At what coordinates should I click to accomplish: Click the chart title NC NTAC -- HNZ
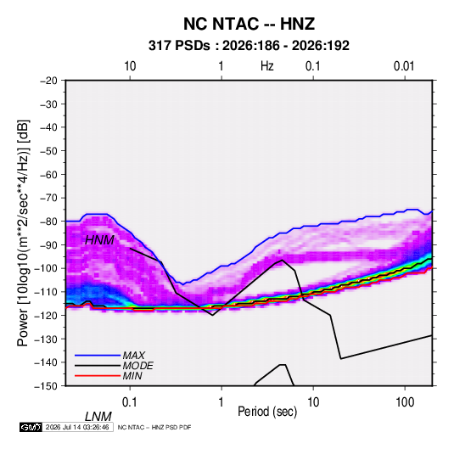249,24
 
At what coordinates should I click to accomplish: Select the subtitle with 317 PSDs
249,46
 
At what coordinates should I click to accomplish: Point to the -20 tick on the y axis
48,81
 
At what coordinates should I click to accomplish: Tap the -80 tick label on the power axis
48,222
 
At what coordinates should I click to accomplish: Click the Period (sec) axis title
267,412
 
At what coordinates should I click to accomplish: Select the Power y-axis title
23,233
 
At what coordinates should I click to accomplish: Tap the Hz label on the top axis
267,66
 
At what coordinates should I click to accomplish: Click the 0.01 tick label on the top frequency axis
404,66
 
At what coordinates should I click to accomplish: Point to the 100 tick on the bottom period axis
405,402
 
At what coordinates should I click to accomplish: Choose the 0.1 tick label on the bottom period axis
130,402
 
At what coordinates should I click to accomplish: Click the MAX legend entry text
133,356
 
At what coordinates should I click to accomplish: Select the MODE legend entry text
137,366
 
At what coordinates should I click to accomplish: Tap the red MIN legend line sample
98,376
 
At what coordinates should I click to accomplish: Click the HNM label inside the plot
99,240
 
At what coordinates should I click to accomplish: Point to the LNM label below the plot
98,417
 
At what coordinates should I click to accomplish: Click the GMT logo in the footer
31,427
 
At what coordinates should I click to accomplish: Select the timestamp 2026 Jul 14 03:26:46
77,427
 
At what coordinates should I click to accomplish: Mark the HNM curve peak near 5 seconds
283,260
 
